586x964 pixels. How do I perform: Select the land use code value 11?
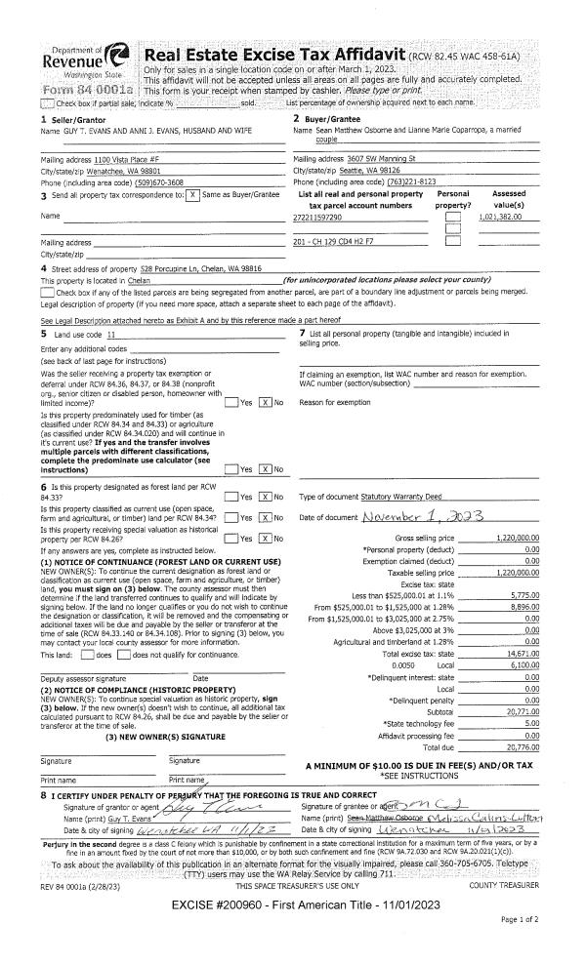(110, 334)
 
